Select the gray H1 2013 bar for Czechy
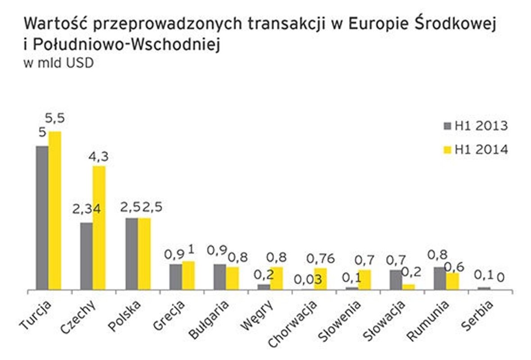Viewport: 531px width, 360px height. coord(86,256)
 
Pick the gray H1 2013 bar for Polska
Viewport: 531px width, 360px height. coord(132,254)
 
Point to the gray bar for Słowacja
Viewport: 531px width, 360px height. coord(396,279)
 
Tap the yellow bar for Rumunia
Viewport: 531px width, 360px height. coord(452,281)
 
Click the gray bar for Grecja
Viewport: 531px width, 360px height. coord(176,277)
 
